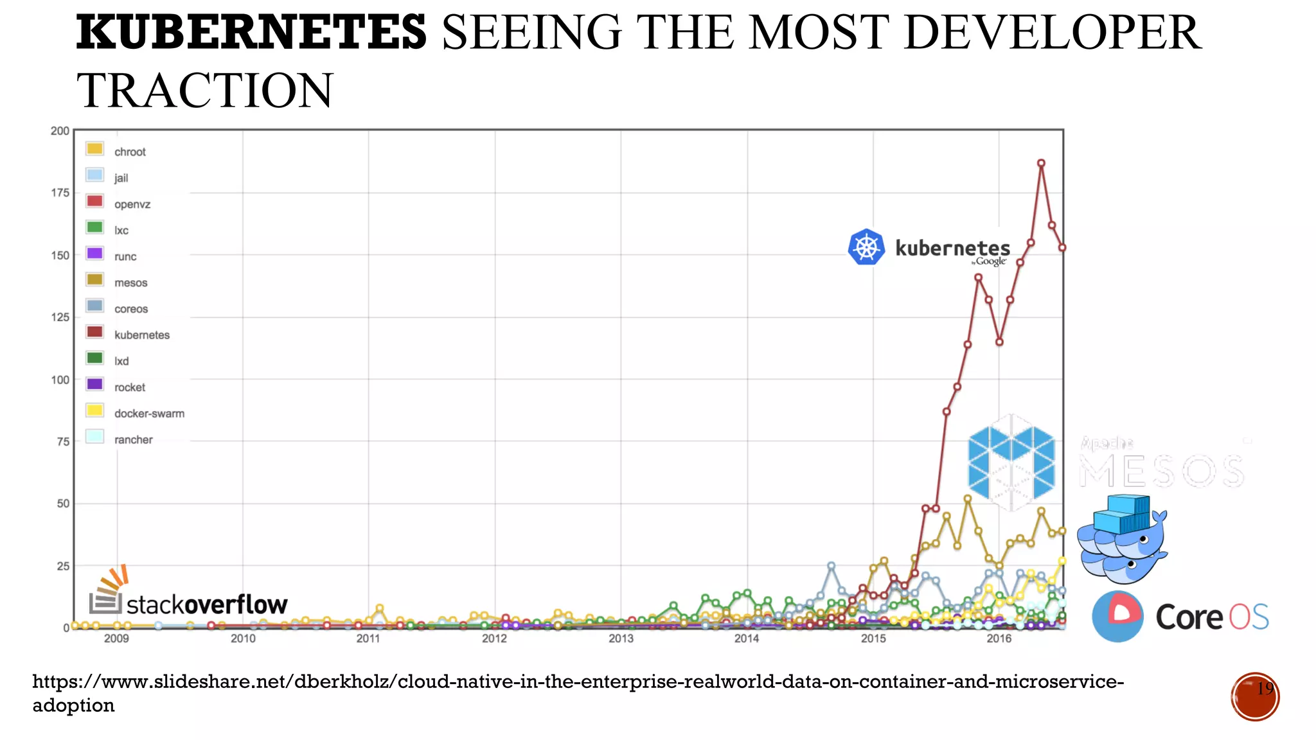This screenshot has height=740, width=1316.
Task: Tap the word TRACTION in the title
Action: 204,91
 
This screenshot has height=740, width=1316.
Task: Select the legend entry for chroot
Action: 129,152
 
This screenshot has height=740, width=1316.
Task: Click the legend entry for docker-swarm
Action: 148,414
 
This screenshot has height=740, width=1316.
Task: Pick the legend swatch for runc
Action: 94,253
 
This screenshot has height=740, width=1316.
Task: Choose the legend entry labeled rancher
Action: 133,440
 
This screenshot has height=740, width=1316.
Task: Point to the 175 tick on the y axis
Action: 60,193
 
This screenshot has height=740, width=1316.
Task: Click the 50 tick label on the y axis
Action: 63,504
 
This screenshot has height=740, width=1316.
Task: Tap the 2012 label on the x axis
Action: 494,639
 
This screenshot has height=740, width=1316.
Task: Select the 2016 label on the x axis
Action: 999,639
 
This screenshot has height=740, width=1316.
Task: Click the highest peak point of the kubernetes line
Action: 1041,163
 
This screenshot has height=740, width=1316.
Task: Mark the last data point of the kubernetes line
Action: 1062,247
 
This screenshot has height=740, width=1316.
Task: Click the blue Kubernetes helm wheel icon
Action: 866,247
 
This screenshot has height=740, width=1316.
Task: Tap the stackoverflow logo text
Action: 206,604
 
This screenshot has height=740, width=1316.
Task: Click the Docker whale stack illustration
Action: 1122,538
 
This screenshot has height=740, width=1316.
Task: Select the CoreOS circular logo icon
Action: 1117,617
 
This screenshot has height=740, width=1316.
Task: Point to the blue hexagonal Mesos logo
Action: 1011,462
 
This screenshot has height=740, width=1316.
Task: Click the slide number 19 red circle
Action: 1255,696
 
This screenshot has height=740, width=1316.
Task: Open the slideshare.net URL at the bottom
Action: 578,681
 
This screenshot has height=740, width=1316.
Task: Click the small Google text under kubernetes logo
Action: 990,261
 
